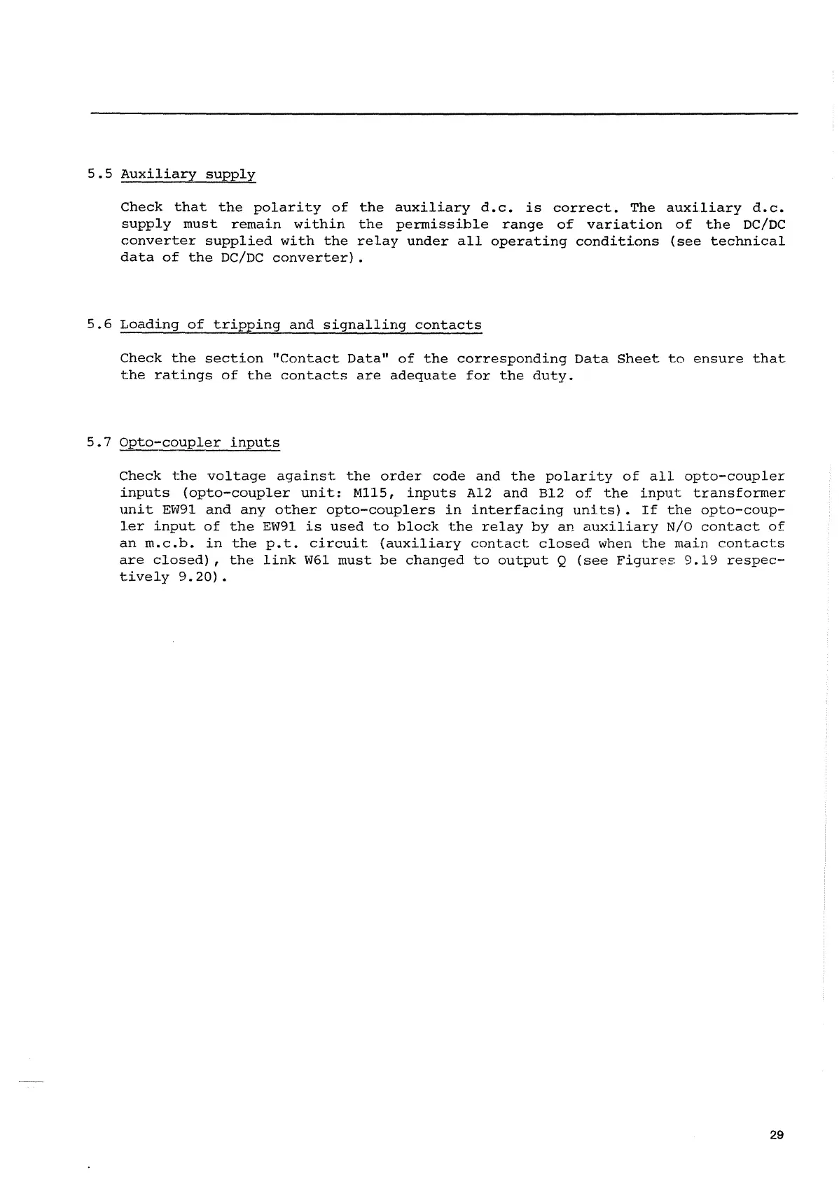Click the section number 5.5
click(100, 174)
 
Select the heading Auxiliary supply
click(188, 174)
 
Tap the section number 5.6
click(100, 325)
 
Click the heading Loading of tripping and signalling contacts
click(300, 325)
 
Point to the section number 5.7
click(100, 442)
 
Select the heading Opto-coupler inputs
click(200, 443)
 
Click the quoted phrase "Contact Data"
click(330, 359)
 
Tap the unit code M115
click(375, 493)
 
